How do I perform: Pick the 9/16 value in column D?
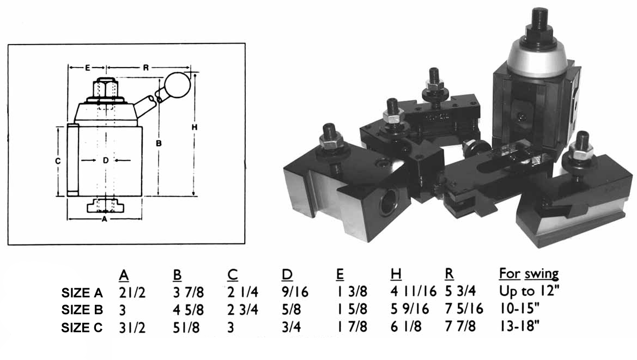click(x=295, y=292)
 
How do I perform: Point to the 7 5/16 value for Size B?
click(x=464, y=310)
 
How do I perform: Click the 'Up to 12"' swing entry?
click(x=528, y=292)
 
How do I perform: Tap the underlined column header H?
click(x=396, y=274)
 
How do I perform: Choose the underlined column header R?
click(x=450, y=274)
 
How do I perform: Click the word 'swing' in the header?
click(x=542, y=274)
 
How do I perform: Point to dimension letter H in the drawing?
click(x=195, y=127)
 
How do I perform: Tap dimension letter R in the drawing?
click(x=146, y=68)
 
